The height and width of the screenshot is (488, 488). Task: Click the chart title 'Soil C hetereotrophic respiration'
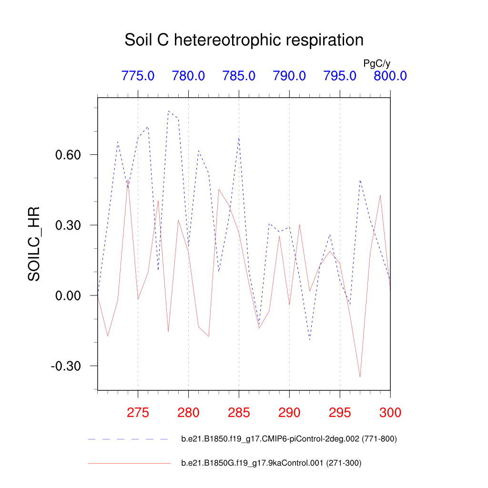click(244, 40)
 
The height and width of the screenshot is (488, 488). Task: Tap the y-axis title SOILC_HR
click(34, 244)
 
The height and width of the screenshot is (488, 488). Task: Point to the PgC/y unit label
click(377, 63)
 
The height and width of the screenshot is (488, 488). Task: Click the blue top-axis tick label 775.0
click(138, 76)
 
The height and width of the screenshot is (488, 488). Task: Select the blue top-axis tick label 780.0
click(188, 76)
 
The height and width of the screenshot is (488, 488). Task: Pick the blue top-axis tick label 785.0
click(239, 76)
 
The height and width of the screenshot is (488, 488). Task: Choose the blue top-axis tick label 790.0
click(289, 76)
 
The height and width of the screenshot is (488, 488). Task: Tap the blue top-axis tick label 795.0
click(340, 76)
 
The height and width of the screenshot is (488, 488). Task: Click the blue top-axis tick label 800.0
click(390, 76)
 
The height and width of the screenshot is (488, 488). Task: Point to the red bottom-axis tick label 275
click(138, 413)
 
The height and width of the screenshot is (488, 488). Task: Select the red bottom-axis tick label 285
click(239, 413)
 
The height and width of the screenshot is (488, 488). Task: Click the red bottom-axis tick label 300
click(390, 413)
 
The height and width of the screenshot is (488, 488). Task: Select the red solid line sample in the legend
click(129, 463)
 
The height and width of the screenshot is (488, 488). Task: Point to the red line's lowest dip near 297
click(360, 376)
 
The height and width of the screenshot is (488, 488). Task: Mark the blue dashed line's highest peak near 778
click(168, 111)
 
